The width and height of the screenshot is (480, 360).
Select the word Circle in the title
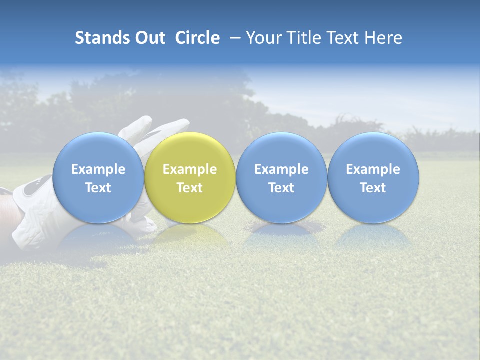tap(197, 38)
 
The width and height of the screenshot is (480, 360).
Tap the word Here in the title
tap(384, 38)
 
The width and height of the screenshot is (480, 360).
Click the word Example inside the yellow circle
tap(190, 169)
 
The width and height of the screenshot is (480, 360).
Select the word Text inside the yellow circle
tap(190, 188)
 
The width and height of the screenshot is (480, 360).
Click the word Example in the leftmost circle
tap(98, 169)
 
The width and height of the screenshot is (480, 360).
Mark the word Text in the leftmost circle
tap(98, 188)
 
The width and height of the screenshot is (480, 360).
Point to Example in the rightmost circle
tap(373, 169)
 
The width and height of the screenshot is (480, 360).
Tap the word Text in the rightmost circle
tap(373, 188)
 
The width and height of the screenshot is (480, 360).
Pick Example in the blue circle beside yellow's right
tap(281, 169)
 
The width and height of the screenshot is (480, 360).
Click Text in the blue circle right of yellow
tap(281, 188)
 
